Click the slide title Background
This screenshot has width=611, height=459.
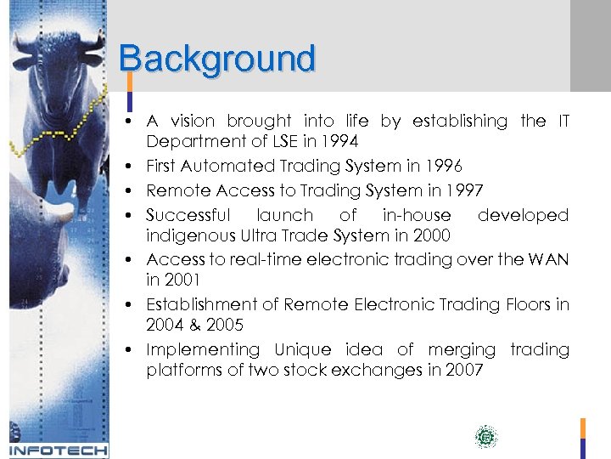[217, 59]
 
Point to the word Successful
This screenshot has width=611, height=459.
[188, 215]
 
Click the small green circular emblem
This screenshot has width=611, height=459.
[485, 437]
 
